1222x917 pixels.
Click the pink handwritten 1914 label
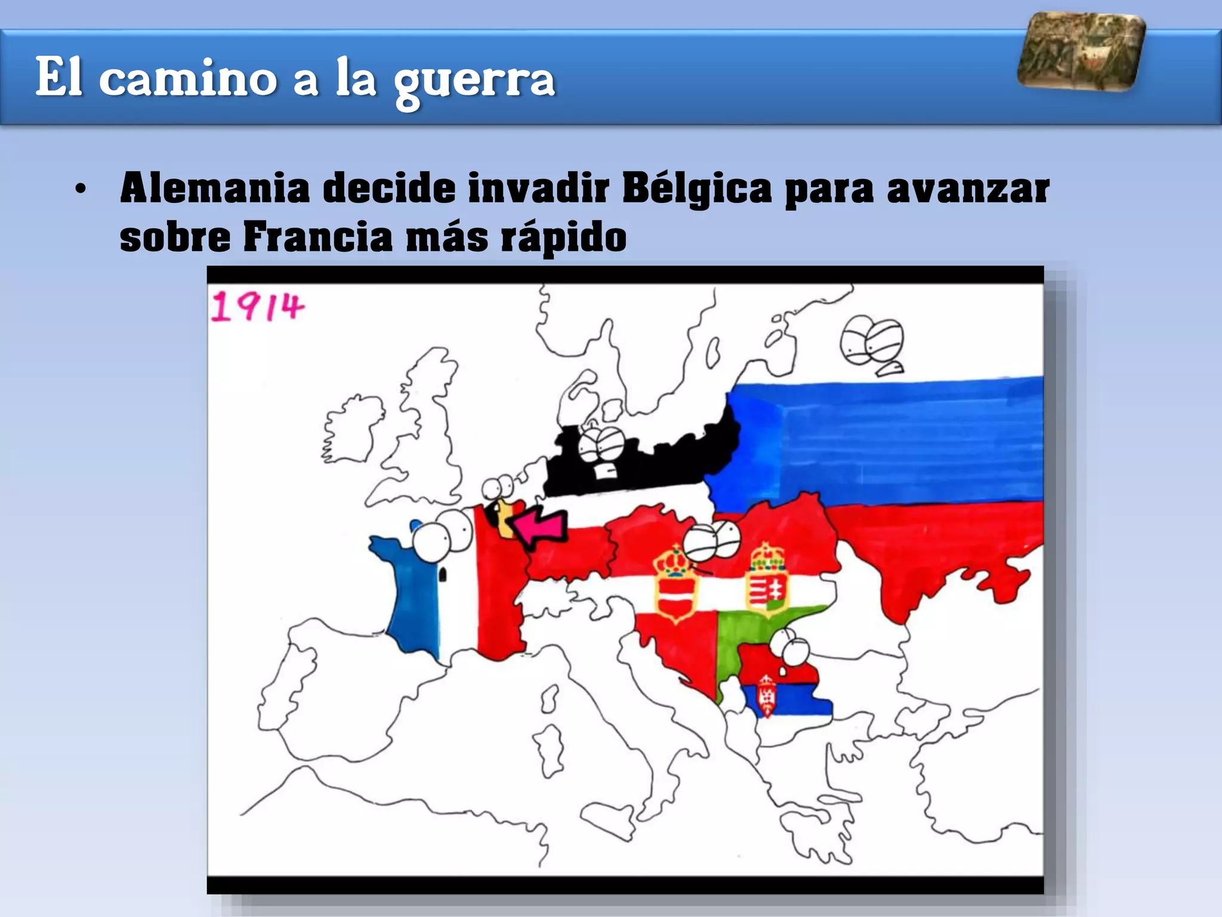pyautogui.click(x=258, y=307)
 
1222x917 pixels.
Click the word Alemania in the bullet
pyautogui.click(x=215, y=188)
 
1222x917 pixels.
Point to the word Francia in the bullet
pyautogui.click(x=317, y=238)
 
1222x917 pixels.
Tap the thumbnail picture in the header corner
pyautogui.click(x=1081, y=52)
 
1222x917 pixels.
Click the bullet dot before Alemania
pyautogui.click(x=81, y=190)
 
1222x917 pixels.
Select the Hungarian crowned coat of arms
pyautogui.click(x=767, y=579)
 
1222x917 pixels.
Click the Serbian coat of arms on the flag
pyautogui.click(x=766, y=695)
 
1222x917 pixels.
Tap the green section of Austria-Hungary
pyautogui.click(x=746, y=633)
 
